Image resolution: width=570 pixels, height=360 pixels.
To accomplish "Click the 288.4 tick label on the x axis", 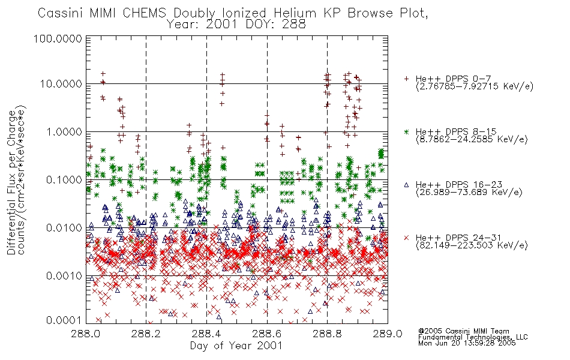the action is click(x=206, y=334).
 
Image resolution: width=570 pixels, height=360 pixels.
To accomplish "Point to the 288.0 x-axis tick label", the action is click(x=86, y=334).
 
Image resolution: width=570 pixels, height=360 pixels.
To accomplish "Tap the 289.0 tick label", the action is click(x=388, y=334).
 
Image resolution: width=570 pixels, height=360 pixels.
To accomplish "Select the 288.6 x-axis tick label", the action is click(x=267, y=334).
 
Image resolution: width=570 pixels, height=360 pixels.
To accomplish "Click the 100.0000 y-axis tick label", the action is click(x=58, y=38).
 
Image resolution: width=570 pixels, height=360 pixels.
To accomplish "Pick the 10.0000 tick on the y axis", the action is click(x=61, y=84).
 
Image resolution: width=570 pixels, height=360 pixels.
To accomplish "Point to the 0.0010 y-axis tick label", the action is click(x=64, y=276).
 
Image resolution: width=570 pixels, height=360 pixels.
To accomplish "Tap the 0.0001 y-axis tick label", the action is click(x=64, y=320).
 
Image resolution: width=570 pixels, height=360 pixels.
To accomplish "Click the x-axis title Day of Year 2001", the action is click(x=236, y=346).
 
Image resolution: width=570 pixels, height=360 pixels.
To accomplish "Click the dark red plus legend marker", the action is click(x=406, y=79).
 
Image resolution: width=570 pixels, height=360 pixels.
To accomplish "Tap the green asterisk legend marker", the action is click(x=406, y=131).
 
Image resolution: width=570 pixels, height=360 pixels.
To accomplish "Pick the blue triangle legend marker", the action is click(x=406, y=185).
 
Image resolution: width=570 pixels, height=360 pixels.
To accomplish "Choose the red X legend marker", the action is click(x=406, y=238).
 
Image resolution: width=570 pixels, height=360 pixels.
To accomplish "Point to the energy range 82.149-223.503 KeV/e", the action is click(x=472, y=245).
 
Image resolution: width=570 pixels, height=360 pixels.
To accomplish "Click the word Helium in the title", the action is click(x=295, y=13).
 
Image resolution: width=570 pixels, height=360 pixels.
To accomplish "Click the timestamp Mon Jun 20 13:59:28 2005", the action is click(x=467, y=343).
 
